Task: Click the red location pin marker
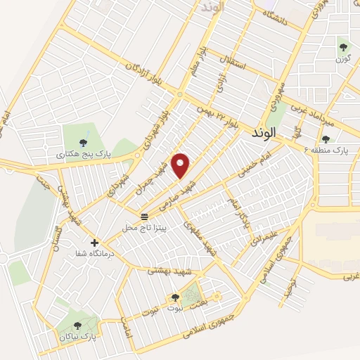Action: click(x=181, y=165)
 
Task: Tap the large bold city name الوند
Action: click(x=263, y=131)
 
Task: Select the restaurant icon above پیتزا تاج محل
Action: click(x=144, y=216)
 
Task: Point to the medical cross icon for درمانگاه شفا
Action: click(x=94, y=243)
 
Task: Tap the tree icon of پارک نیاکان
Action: click(x=77, y=326)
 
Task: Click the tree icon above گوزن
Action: click(x=343, y=47)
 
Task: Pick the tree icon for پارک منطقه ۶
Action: click(x=326, y=139)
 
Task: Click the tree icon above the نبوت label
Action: click(x=175, y=297)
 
